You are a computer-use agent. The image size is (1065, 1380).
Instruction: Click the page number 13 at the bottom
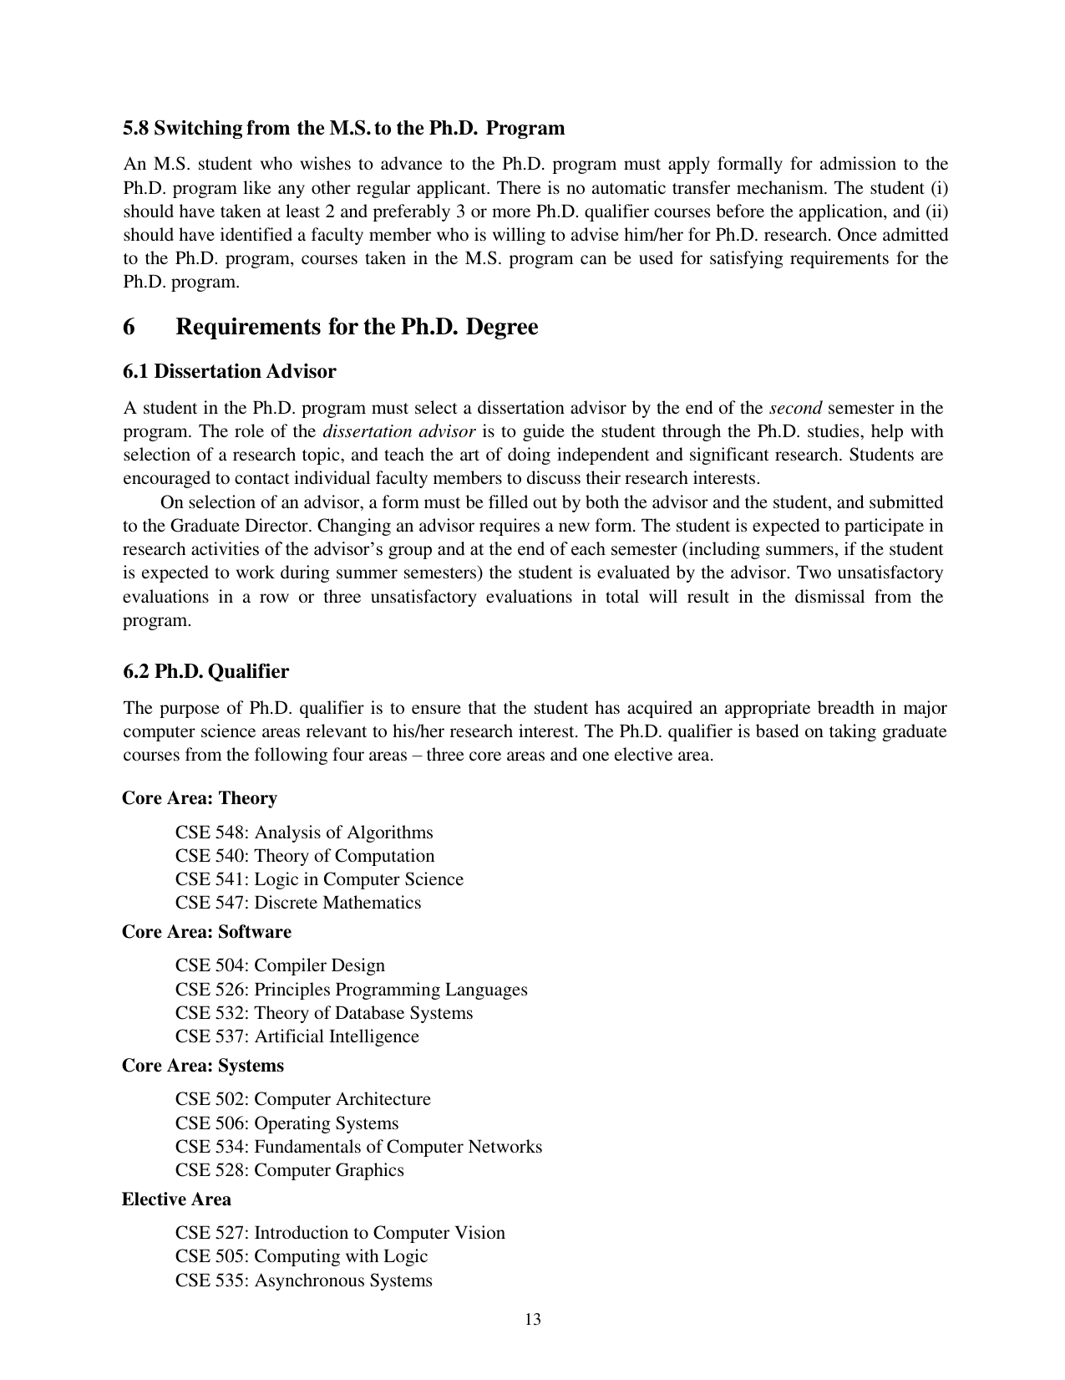[x=533, y=1321]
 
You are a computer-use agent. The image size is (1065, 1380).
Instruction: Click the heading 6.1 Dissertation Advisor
[x=230, y=371]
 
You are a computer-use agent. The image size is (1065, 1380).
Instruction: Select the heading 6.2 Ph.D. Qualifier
[x=205, y=671]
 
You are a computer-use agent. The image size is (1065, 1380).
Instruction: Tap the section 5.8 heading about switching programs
[x=343, y=128]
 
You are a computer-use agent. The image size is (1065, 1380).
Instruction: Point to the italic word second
[x=794, y=408]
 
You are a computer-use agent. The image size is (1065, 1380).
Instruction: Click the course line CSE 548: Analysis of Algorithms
[x=304, y=833]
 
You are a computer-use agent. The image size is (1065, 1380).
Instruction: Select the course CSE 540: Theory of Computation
[x=305, y=856]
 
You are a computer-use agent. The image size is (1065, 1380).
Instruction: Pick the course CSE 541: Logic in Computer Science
[x=319, y=879]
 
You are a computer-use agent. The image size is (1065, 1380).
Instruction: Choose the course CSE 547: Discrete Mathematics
[x=298, y=903]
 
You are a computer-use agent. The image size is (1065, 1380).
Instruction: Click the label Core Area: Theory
[x=200, y=798]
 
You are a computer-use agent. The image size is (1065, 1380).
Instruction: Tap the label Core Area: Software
[x=206, y=932]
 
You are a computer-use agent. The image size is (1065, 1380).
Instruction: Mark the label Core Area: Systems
[x=203, y=1066]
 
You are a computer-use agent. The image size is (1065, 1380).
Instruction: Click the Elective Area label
[x=176, y=1199]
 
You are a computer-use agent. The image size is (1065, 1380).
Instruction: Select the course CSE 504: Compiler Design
[x=280, y=965]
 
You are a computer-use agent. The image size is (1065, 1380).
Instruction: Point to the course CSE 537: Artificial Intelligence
[x=297, y=1036]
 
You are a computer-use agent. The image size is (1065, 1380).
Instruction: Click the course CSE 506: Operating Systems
[x=287, y=1123]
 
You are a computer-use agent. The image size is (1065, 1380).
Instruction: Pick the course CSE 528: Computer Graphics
[x=289, y=1170]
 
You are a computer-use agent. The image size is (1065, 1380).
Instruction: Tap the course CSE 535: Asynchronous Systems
[x=304, y=1281]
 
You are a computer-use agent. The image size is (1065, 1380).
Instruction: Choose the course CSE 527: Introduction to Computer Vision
[x=340, y=1233]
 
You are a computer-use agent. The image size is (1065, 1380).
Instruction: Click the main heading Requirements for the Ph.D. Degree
[x=357, y=326]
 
